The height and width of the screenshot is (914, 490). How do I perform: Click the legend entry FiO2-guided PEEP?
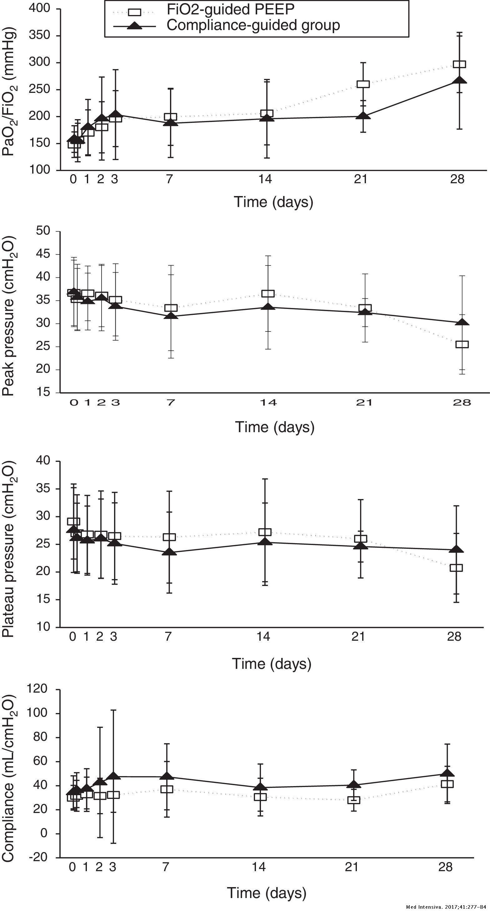tap(230, 10)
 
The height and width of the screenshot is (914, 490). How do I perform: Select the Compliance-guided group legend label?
tap(253, 25)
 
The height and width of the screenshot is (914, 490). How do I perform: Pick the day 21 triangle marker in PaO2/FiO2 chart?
tap(363, 116)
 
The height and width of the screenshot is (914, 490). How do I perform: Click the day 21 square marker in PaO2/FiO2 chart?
tap(363, 84)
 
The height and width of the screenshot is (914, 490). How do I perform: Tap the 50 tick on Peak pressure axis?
tap(43, 231)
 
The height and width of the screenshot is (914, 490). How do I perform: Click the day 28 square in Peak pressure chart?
tap(462, 344)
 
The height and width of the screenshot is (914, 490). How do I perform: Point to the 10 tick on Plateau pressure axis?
tap(43, 626)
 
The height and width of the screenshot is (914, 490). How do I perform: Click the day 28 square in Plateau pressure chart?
tap(456, 568)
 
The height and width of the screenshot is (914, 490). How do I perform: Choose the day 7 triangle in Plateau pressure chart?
tap(169, 553)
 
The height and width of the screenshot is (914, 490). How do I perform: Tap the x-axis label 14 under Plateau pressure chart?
tap(263, 637)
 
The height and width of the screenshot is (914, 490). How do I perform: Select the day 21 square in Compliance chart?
tap(354, 800)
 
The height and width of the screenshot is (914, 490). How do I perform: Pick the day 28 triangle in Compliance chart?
tap(447, 774)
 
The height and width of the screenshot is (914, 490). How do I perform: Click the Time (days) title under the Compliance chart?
tap(267, 893)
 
